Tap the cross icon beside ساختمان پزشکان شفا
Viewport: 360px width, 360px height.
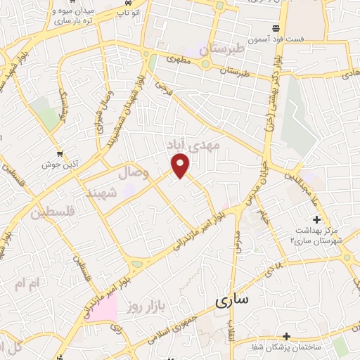[x=286, y=336]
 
